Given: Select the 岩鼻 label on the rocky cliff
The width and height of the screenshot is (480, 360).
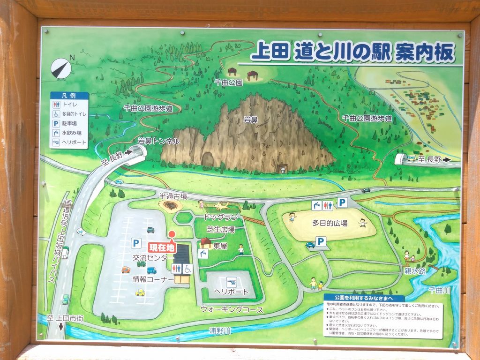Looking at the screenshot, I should click(251, 120).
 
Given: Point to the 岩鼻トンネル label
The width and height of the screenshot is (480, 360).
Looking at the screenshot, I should click(158, 141).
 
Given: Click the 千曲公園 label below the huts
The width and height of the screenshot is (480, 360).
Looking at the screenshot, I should click(229, 82).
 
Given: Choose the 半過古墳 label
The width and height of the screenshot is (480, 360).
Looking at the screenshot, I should click(174, 196).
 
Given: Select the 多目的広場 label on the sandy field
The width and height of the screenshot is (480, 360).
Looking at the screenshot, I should click(330, 224).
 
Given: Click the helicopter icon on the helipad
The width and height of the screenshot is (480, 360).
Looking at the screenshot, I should click(231, 282).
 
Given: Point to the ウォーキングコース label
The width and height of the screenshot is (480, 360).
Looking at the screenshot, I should click(232, 309).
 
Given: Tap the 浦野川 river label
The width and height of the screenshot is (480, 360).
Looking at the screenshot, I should click(220, 331).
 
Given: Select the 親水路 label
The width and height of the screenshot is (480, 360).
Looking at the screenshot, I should click(415, 271).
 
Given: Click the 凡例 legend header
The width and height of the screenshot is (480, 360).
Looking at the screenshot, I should click(68, 96).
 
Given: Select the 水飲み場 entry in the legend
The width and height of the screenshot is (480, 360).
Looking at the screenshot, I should click(72, 132).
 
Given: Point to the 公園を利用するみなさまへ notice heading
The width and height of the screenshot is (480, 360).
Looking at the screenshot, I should click(363, 298).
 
